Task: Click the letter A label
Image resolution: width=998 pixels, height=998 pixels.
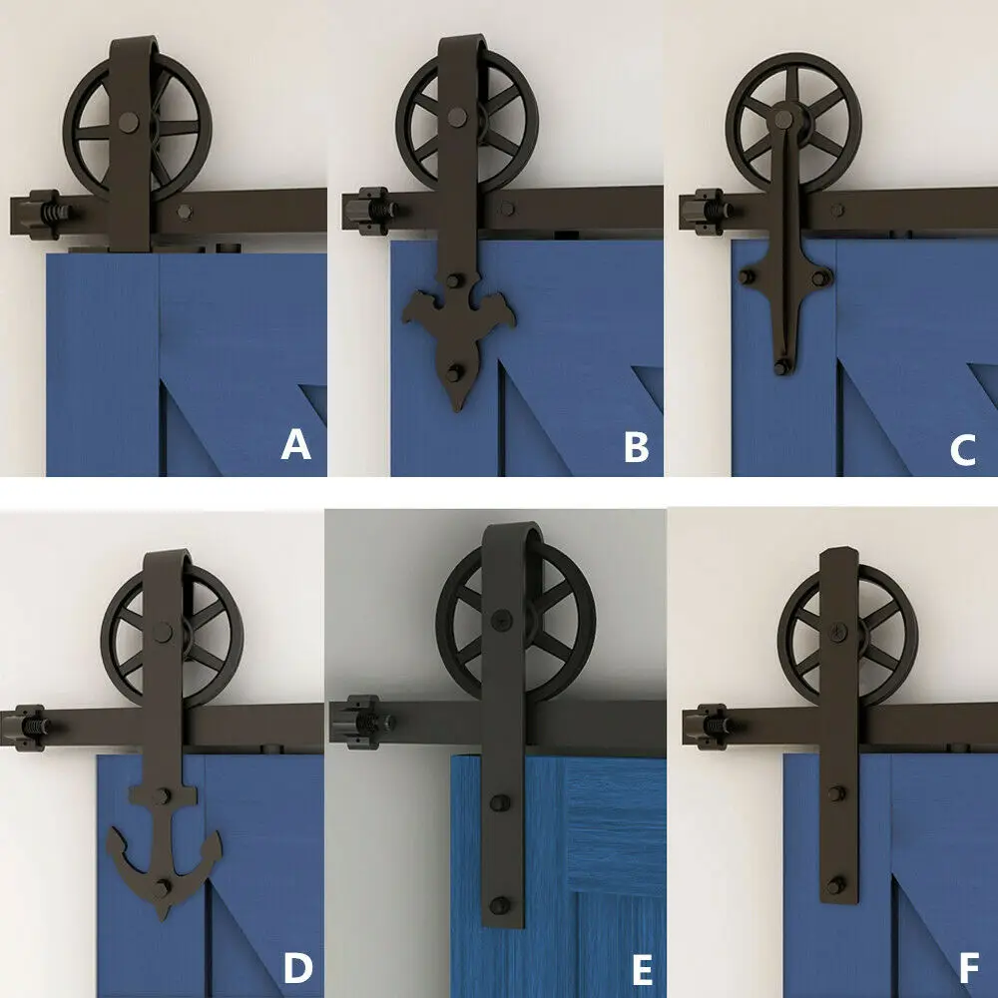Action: tap(296, 445)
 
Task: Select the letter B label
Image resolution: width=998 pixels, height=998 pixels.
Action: tap(636, 448)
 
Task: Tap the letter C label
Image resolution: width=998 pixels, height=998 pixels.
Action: tap(962, 450)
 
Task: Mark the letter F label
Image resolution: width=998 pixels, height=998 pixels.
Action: tap(964, 967)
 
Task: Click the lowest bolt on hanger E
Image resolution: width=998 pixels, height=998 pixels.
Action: tap(497, 907)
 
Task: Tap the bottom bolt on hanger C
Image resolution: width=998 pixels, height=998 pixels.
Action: tap(779, 369)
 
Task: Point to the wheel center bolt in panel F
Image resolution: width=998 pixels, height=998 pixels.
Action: tap(834, 631)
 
